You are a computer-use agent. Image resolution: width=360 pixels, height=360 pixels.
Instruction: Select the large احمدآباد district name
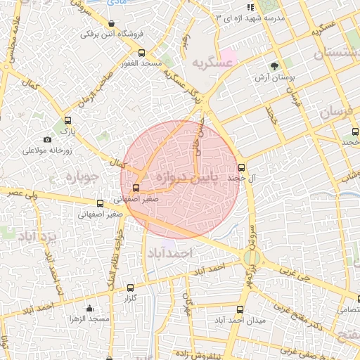pyautogui.click(x=166, y=251)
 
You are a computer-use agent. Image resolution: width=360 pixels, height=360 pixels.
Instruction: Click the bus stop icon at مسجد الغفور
pyautogui.click(x=142, y=53)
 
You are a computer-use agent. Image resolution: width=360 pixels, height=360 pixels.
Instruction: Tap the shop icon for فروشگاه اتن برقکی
pyautogui.click(x=111, y=23)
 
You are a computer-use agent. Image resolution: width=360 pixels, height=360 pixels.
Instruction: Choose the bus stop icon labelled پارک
pyautogui.click(x=67, y=120)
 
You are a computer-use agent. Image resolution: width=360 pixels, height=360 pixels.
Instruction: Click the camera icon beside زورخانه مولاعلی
pyautogui.click(x=47, y=140)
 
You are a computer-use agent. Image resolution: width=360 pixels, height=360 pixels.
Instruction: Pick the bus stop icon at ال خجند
pyautogui.click(x=242, y=167)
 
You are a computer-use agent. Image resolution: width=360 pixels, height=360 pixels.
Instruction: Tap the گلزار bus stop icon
pyautogui.click(x=130, y=288)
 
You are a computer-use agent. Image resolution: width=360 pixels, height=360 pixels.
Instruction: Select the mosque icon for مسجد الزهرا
pyautogui.click(x=89, y=308)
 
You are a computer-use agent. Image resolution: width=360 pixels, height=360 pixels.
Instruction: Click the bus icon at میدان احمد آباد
pyautogui.click(x=240, y=309)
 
